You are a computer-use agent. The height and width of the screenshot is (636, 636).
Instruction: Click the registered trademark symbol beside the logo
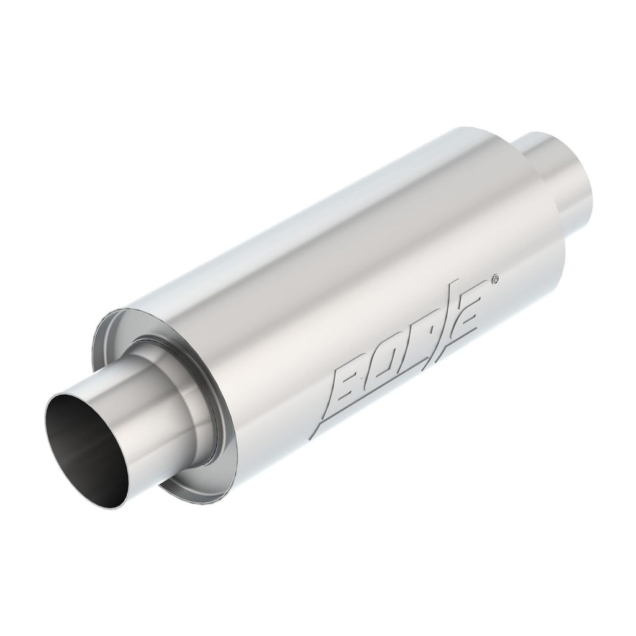[493, 281]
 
